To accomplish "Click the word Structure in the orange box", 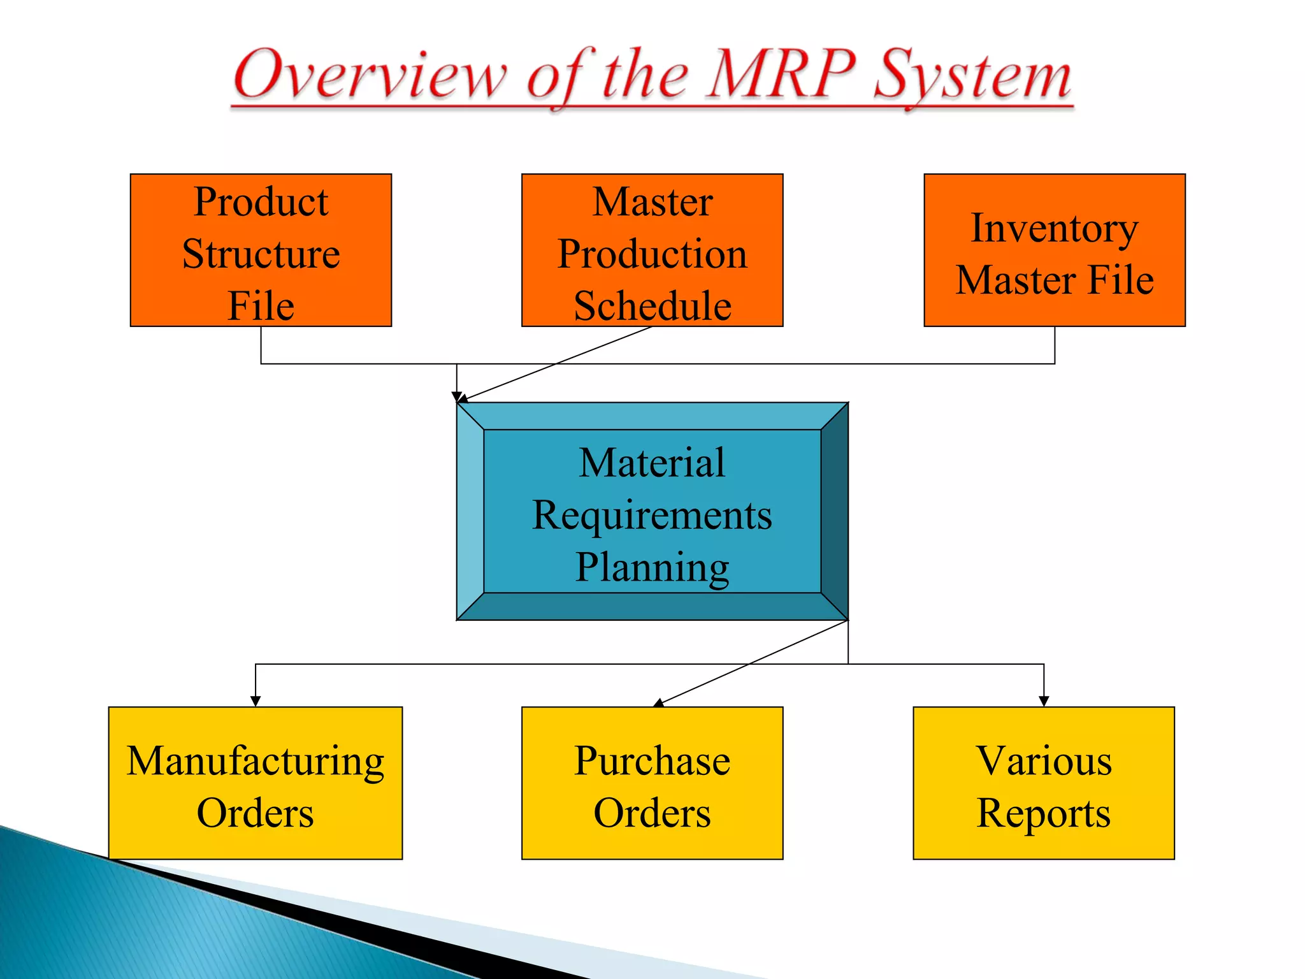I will (x=261, y=254).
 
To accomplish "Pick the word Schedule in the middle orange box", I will (x=652, y=306).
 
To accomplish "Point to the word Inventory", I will (x=1054, y=228).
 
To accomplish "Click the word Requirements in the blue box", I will (x=652, y=515).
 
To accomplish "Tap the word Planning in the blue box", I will (x=652, y=567).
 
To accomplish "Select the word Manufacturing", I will (x=256, y=761).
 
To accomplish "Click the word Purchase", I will (x=652, y=761).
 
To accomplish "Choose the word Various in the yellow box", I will (x=1044, y=761).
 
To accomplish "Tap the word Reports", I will (x=1044, y=813).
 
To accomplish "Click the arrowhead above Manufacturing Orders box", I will (x=256, y=701).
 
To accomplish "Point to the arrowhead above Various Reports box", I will (x=1044, y=701).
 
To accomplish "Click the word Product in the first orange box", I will (x=261, y=202).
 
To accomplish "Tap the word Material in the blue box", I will (x=652, y=463).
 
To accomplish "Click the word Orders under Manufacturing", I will (x=256, y=813).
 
